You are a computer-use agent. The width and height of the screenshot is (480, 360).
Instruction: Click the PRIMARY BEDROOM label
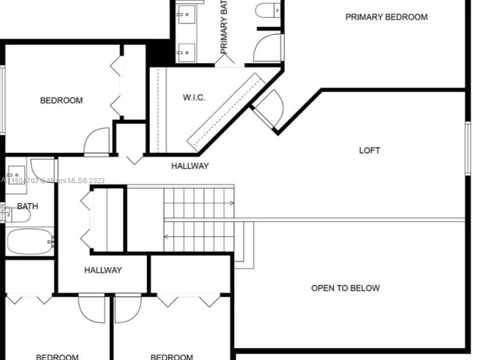pos(386,17)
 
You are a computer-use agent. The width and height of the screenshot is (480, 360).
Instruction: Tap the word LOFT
pos(370,151)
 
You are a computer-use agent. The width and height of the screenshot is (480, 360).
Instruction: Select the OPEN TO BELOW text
pos(346,288)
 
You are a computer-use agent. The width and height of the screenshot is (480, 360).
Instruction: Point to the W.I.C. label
pos(194,98)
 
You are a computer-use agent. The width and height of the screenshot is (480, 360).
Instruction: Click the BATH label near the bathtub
pos(28,206)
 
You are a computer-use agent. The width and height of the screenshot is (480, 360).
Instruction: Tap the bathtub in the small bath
pos(31,242)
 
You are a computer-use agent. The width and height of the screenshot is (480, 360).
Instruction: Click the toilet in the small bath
pos(19,216)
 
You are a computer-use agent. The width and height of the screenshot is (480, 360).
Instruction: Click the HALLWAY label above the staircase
pos(190,166)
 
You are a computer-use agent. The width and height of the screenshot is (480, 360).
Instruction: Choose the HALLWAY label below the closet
pos(103,270)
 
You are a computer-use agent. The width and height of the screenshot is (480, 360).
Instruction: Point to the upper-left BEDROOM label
pos(61,100)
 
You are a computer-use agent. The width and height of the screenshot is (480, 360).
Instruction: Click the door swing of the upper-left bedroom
pos(97,142)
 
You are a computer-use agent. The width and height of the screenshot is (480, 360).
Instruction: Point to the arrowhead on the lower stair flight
pos(166,237)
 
